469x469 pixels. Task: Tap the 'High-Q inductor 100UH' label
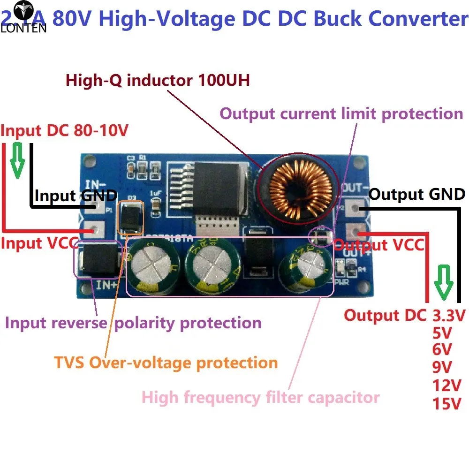click(x=158, y=81)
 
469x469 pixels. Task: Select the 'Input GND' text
click(x=75, y=196)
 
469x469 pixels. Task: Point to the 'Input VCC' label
click(x=30, y=243)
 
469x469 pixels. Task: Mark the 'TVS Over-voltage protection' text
click(x=166, y=363)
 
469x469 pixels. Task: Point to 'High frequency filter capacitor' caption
click(x=260, y=398)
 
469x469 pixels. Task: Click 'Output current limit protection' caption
click(x=341, y=113)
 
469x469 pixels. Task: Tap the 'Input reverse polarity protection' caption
click(x=133, y=323)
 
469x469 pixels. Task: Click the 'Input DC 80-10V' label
click(x=64, y=131)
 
